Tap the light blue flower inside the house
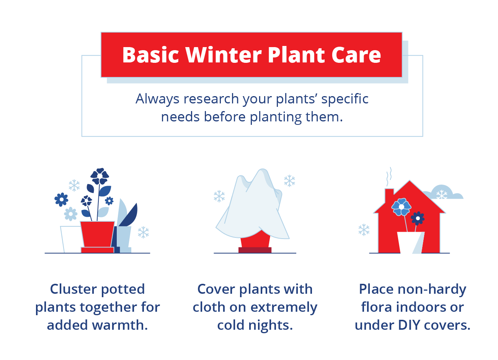[401, 206]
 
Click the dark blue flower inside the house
[418, 218]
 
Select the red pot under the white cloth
[255, 241]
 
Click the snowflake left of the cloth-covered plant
[219, 196]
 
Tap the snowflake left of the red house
[364, 230]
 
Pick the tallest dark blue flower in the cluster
[100, 177]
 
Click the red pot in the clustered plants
[97, 234]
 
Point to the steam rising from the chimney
[389, 176]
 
